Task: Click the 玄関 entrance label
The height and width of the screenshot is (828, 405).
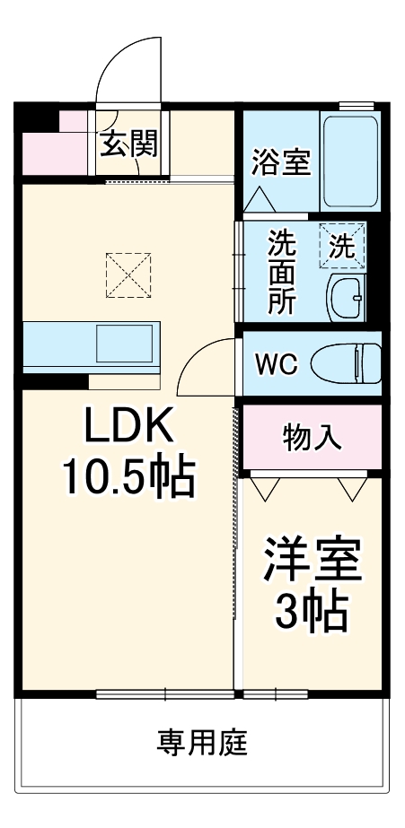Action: (x=128, y=143)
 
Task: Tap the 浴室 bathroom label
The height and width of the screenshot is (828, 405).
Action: (x=281, y=164)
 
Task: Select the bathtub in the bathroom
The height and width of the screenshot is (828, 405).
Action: (x=349, y=161)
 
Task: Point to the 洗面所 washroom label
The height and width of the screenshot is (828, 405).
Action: (x=281, y=271)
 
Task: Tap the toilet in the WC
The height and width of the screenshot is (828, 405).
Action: (x=346, y=363)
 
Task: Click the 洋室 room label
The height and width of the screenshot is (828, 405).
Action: (x=312, y=562)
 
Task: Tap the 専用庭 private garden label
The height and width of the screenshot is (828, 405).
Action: (x=202, y=742)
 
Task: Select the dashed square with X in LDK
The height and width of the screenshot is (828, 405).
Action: (x=128, y=274)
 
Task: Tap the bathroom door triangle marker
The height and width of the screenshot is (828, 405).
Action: (x=259, y=199)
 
